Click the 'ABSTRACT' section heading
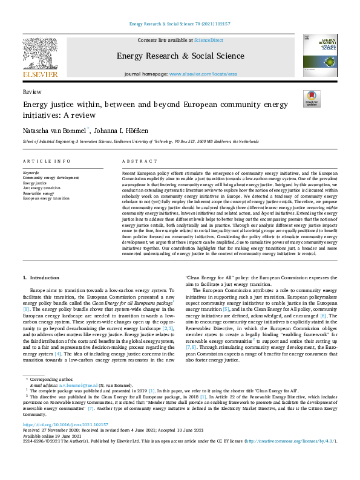click(136, 161)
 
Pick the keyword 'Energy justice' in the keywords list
click(35, 183)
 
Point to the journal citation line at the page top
click(180, 25)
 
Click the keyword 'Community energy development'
click(50, 178)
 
